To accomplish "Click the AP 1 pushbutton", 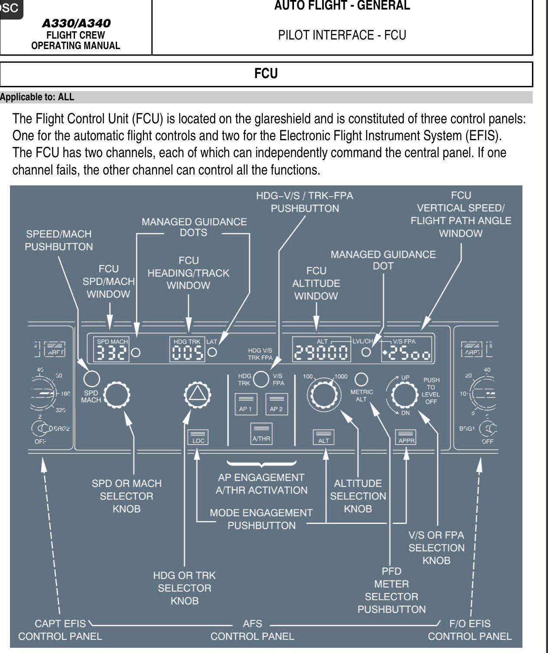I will [x=245, y=404].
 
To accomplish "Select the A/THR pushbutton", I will [x=261, y=434].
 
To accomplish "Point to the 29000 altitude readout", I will [x=321, y=353].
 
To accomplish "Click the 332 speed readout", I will [x=111, y=353].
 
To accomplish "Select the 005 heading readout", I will [x=188, y=353].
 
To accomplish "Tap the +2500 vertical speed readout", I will [x=407, y=354].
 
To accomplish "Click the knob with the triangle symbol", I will [x=197, y=394].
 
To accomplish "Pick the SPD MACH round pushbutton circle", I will [x=91, y=379].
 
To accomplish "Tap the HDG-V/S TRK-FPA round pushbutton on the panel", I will [x=261, y=379].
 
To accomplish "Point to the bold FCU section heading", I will [x=266, y=74].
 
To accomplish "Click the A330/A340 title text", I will [x=76, y=23].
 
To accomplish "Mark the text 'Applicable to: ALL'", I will [x=37, y=97].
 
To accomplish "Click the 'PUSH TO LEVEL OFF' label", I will [x=431, y=391].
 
